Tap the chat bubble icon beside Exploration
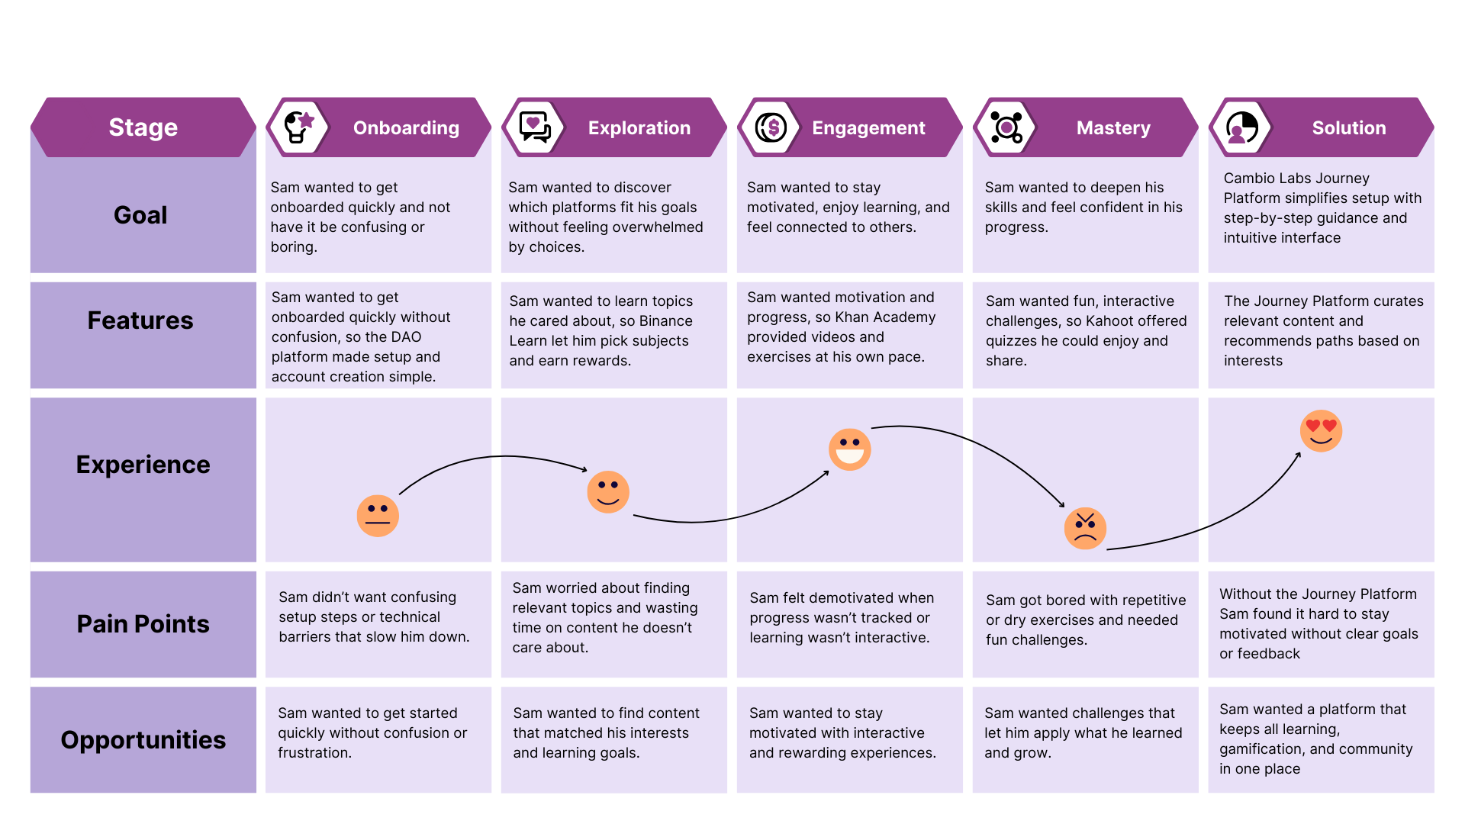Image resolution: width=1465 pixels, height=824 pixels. pyautogui.click(x=535, y=127)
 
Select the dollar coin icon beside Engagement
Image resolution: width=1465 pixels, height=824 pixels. pyautogui.click(x=771, y=127)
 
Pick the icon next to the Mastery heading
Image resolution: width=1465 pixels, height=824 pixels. pyautogui.click(x=1006, y=127)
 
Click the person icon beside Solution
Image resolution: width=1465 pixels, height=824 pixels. pyautogui.click(x=1242, y=127)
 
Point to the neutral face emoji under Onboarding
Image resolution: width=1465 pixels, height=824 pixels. pyautogui.click(x=378, y=516)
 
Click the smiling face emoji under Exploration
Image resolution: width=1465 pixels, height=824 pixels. pyautogui.click(x=608, y=492)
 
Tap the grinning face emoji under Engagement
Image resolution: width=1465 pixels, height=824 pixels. pyautogui.click(x=849, y=449)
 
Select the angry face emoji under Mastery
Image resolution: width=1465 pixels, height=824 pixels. pyautogui.click(x=1085, y=528)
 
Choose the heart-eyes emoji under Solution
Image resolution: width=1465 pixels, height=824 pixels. pyautogui.click(x=1321, y=431)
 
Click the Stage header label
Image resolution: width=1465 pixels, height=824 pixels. pyautogui.click(x=143, y=127)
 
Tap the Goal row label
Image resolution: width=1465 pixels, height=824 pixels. pyautogui.click(x=140, y=215)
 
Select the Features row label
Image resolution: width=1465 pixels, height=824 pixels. pyautogui.click(x=140, y=320)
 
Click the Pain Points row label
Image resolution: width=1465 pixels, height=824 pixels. pyautogui.click(x=143, y=624)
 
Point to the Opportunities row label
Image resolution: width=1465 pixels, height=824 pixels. pyautogui.click(x=143, y=740)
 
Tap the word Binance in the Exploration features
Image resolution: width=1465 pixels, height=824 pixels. pyautogui.click(x=666, y=321)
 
